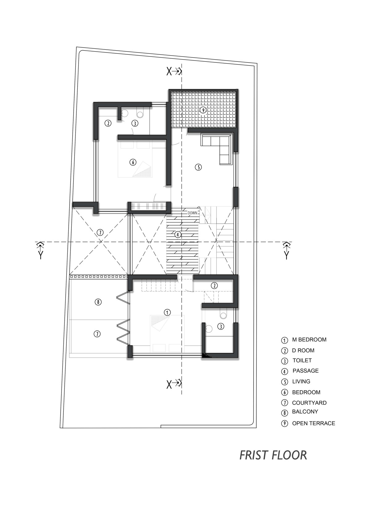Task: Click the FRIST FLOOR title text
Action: click(x=273, y=455)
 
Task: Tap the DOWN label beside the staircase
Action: click(x=192, y=213)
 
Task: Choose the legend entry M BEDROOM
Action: click(x=309, y=339)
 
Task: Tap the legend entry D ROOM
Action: click(x=303, y=350)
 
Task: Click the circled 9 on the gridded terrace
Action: click(x=203, y=110)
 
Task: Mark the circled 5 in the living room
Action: click(x=198, y=167)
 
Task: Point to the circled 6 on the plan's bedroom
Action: click(x=133, y=162)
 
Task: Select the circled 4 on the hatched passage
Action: click(x=178, y=234)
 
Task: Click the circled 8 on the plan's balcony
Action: click(x=98, y=302)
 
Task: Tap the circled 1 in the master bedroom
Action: click(x=167, y=312)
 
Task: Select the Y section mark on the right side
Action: click(x=286, y=250)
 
